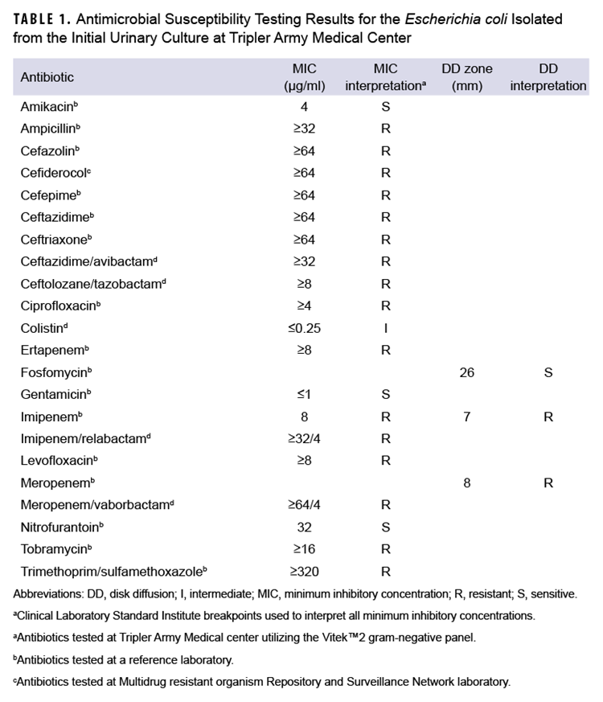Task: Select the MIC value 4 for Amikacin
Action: [304, 106]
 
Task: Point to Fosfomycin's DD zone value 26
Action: [467, 372]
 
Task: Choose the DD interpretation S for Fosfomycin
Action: [548, 372]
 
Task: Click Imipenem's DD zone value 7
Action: [467, 417]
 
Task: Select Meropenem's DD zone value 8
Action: [467, 483]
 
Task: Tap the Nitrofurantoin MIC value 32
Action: [304, 528]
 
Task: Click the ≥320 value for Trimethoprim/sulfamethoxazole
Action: [304, 572]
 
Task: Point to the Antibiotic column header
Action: [47, 77]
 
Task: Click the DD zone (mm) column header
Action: [467, 77]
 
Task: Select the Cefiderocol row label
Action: [56, 173]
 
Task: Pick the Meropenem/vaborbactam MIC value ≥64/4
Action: [304, 505]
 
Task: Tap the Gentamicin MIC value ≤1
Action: [304, 394]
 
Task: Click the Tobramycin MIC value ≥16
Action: [304, 549]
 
